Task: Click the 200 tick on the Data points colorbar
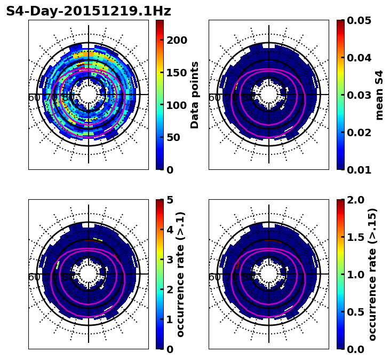point(176,40)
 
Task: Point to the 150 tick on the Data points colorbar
point(176,73)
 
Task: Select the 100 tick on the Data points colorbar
point(176,105)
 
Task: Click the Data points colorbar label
point(195,95)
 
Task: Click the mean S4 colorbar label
point(379,95)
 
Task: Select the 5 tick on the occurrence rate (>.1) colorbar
point(170,200)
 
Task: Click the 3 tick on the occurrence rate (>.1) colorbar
point(170,260)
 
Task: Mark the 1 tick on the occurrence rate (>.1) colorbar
point(170,319)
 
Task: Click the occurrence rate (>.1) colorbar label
point(181,274)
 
